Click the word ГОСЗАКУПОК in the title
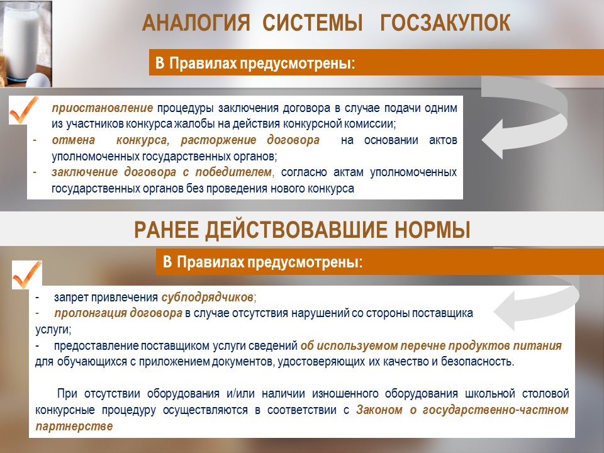pos(445,23)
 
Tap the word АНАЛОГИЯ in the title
pos(196,23)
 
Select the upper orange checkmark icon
pos(24,110)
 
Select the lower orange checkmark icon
pos(27,275)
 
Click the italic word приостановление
pos(103,108)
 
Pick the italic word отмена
pos(74,140)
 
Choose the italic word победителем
pos(233,172)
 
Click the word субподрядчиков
pos(207,298)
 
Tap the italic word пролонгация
pos(90,313)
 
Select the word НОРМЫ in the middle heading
pos(433,230)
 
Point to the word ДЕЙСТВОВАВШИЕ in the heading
pos(296,230)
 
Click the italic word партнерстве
pos(74,427)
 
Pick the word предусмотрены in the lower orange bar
pos(305,263)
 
